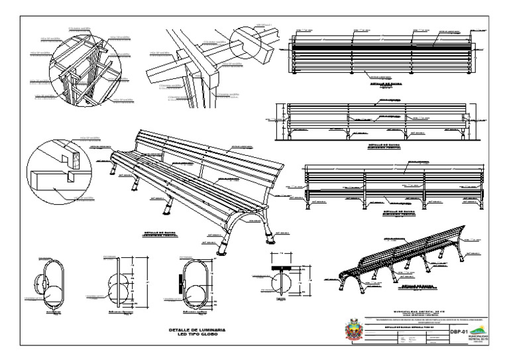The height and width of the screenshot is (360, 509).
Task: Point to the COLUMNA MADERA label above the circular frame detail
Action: tap(81, 29)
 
